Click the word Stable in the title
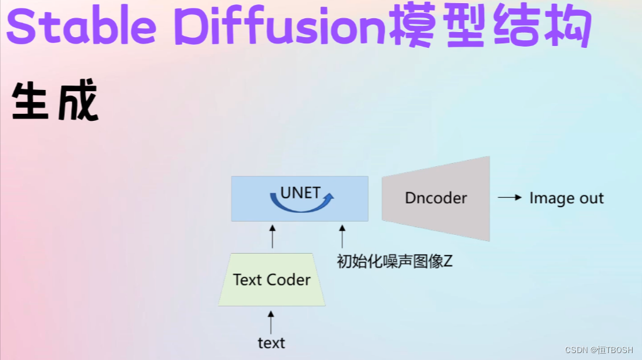tap(81, 25)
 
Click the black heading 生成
tap(55, 100)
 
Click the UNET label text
tap(300, 193)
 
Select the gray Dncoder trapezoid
tap(436, 199)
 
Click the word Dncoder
tap(436, 198)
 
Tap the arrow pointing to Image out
tap(510, 198)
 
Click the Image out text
tap(566, 198)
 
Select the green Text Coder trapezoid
tap(272, 279)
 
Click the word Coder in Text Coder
tap(288, 280)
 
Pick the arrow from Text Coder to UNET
tap(273, 236)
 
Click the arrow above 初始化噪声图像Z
tap(342, 236)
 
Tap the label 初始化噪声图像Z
tap(395, 261)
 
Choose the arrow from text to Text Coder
tap(271, 322)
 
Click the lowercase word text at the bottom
tap(271, 343)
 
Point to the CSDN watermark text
tap(599, 350)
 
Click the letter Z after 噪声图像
tap(448, 261)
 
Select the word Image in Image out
tap(551, 199)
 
